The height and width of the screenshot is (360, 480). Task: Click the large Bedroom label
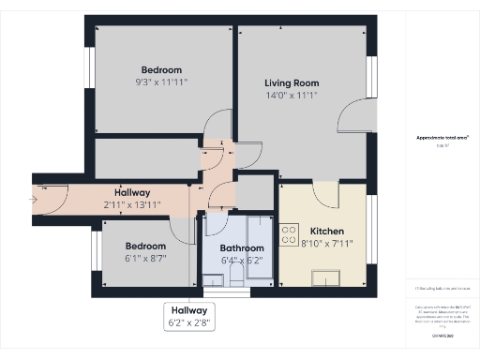pos(161,70)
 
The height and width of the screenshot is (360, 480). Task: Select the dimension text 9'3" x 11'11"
pos(161,82)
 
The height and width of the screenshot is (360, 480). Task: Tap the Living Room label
pos(292,82)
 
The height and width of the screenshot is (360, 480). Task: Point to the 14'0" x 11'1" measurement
pos(292,95)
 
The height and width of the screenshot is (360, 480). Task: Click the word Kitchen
pos(327,232)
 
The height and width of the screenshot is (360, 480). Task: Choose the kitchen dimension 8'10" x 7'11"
pos(327,244)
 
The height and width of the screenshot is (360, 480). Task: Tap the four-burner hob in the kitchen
pos(291,232)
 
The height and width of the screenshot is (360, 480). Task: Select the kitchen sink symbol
pos(329,275)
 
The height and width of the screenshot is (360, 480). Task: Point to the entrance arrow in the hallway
pos(39,198)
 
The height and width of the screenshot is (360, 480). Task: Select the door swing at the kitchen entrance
pos(324,193)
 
